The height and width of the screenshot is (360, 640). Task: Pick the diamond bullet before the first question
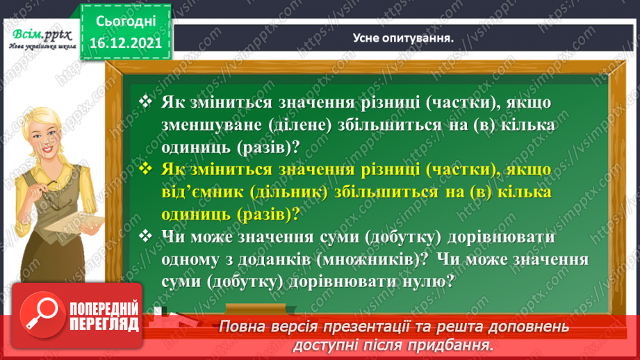click(x=145, y=102)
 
